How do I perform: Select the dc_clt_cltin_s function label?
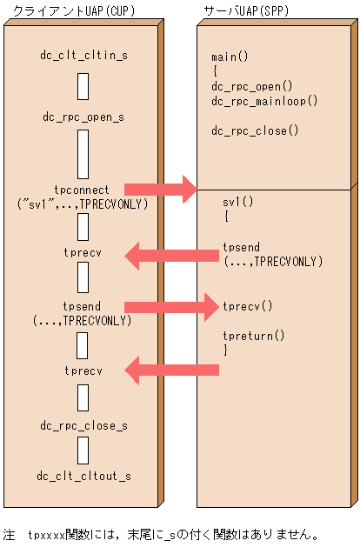tap(83, 56)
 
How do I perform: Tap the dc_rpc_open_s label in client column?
tap(83, 116)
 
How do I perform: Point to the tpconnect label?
tap(83, 189)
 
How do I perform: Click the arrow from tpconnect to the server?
tap(161, 189)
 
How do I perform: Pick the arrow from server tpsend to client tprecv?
tap(172, 255)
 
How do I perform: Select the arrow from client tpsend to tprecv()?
tap(170, 306)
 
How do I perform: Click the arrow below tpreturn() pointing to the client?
tap(172, 370)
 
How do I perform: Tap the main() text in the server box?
tap(230, 57)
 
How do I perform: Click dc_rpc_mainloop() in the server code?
tap(264, 101)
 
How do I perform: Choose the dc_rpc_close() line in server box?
tap(255, 130)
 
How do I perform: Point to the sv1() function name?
tap(237, 202)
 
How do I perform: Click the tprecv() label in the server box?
tap(248, 306)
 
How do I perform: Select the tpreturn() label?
tap(254, 335)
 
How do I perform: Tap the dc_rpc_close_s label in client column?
tap(83, 426)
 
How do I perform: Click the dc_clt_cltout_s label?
tap(83, 477)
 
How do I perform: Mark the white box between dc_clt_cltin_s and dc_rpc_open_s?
tap(83, 86)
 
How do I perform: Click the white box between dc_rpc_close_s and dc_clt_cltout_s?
tap(83, 451)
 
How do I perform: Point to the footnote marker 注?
tap(10, 534)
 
